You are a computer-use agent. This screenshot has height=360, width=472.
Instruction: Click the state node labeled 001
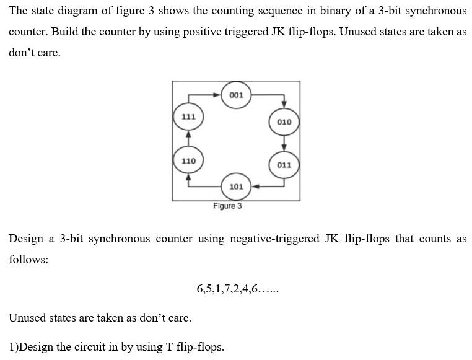(235, 95)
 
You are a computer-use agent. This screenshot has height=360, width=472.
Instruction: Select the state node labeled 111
(188, 116)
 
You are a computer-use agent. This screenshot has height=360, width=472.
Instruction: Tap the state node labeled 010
(284, 121)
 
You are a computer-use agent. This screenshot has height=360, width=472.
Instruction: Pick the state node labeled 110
(188, 160)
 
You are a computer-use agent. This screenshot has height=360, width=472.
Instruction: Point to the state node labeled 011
(284, 165)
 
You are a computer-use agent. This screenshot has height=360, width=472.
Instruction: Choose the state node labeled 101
(235, 187)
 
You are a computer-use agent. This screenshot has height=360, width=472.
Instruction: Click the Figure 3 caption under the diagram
(227, 206)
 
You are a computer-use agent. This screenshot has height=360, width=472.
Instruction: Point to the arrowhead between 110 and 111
(188, 133)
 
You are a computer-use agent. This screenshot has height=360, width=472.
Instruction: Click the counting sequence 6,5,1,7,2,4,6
(237, 289)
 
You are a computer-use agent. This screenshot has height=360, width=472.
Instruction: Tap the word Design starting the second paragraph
(26, 239)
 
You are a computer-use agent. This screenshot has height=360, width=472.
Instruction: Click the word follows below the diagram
(28, 260)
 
